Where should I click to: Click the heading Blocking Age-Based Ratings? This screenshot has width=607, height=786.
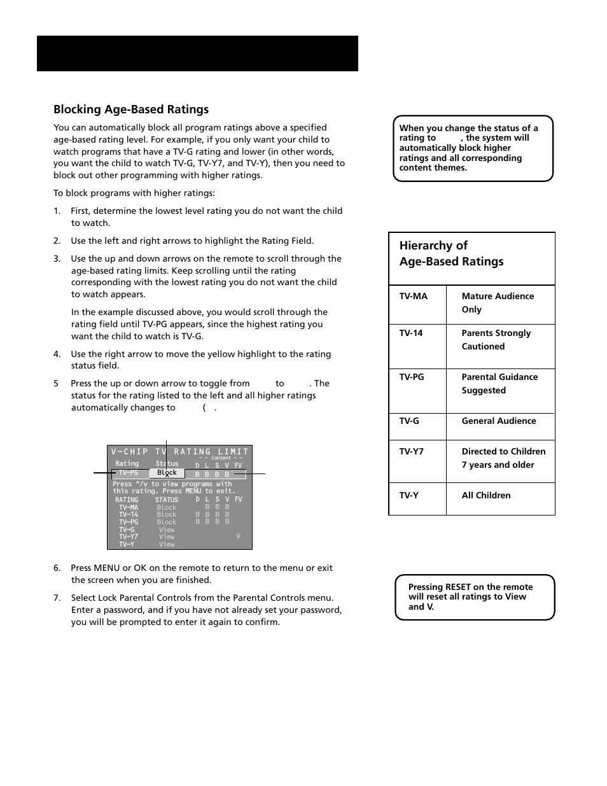pos(131,109)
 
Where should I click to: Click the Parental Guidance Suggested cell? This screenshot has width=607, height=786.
pos(499,384)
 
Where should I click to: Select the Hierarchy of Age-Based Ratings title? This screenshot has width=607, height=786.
pos(451,254)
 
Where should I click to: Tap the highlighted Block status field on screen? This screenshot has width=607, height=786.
pos(167,473)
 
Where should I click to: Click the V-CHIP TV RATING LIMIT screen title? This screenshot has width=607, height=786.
pos(179,451)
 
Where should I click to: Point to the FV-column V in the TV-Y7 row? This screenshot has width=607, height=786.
pos(238,537)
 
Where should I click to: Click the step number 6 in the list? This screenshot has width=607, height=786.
pos(57,568)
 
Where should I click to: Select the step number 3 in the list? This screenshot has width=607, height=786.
pos(57,259)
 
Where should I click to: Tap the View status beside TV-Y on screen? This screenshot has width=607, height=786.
pos(167,544)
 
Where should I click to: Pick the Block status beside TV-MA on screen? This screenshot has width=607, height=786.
pos(167,508)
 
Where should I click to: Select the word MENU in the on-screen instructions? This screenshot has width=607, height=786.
pos(193,491)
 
